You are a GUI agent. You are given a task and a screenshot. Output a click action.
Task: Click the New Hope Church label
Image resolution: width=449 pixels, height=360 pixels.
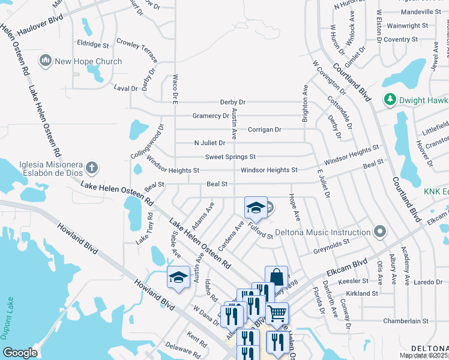88,61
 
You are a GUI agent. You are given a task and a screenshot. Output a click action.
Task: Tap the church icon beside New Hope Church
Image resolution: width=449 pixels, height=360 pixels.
45,61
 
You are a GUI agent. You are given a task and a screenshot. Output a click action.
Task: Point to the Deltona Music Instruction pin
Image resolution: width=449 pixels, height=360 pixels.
379,232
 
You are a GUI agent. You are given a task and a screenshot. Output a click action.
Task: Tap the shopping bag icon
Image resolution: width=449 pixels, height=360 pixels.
276,277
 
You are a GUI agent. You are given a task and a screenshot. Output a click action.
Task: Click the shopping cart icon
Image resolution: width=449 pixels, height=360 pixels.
277,313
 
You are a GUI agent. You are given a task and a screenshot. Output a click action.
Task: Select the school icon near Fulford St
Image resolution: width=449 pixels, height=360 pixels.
256,208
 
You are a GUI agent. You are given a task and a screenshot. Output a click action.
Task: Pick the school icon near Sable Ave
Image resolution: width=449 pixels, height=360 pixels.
178,277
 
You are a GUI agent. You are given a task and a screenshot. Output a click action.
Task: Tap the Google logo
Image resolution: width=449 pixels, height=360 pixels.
20,352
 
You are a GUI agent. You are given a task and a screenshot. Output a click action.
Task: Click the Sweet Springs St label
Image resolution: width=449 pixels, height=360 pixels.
230,157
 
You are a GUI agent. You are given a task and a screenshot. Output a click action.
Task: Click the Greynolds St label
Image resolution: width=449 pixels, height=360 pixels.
336,244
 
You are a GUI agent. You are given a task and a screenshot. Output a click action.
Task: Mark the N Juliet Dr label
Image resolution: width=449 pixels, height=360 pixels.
209,143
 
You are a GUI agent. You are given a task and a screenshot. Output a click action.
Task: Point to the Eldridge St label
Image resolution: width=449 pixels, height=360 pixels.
92,44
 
